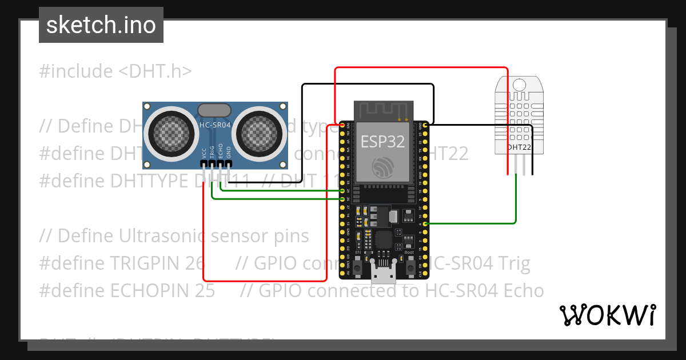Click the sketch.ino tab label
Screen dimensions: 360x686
(x=101, y=25)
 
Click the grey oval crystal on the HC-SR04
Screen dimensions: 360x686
(x=214, y=110)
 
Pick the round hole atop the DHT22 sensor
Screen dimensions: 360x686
(x=519, y=85)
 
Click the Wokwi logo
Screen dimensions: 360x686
(x=608, y=315)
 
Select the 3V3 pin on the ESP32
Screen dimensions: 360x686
(x=342, y=125)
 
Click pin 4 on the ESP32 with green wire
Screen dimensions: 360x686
(x=425, y=223)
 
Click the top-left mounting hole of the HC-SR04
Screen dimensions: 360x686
(x=147, y=107)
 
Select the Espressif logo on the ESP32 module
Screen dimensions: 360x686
(x=382, y=167)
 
